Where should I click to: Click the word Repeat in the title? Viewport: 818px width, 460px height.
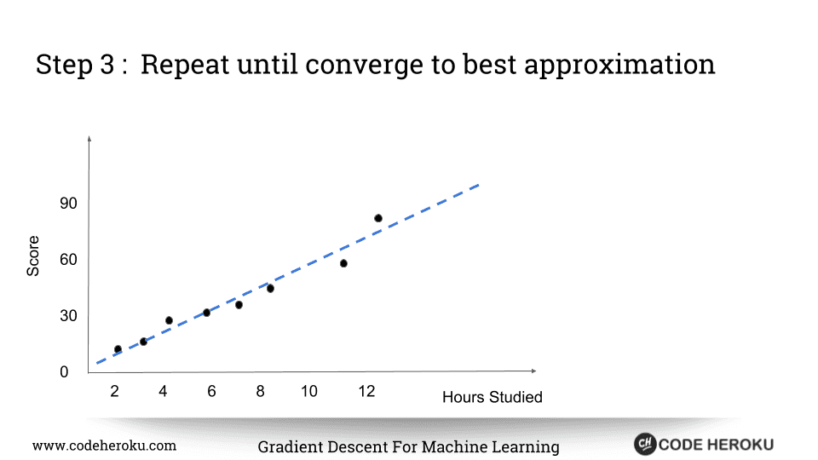pyautogui.click(x=184, y=65)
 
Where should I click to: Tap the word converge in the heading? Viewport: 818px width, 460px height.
pyautogui.click(x=367, y=65)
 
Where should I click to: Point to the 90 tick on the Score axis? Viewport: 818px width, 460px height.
pyautogui.click(x=69, y=204)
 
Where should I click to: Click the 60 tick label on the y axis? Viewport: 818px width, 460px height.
pyautogui.click(x=69, y=260)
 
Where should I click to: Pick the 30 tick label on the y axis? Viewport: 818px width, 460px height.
pyautogui.click(x=69, y=316)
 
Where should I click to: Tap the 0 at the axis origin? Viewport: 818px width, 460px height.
pyautogui.click(x=64, y=372)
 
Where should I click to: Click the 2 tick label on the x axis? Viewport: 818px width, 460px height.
pyautogui.click(x=114, y=392)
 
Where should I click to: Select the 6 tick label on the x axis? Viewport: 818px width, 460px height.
pyautogui.click(x=211, y=392)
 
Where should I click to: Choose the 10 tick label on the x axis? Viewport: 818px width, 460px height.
pyautogui.click(x=309, y=392)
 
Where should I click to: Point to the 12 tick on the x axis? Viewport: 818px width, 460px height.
pyautogui.click(x=367, y=392)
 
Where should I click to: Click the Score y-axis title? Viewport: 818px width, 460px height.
pyautogui.click(x=33, y=256)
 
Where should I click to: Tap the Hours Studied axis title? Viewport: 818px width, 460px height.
pyautogui.click(x=492, y=398)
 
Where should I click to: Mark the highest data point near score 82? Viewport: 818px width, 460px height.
pyautogui.click(x=378, y=218)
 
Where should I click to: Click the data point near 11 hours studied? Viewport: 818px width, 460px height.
pyautogui.click(x=343, y=263)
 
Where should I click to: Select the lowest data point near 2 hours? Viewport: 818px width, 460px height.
pyautogui.click(x=118, y=349)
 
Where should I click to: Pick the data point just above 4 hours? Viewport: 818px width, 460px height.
pyautogui.click(x=169, y=320)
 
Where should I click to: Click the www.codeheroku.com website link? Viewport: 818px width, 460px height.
pyautogui.click(x=104, y=446)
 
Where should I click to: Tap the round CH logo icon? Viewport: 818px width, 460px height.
pyautogui.click(x=644, y=444)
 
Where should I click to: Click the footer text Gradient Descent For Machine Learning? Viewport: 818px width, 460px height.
pyautogui.click(x=408, y=447)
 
